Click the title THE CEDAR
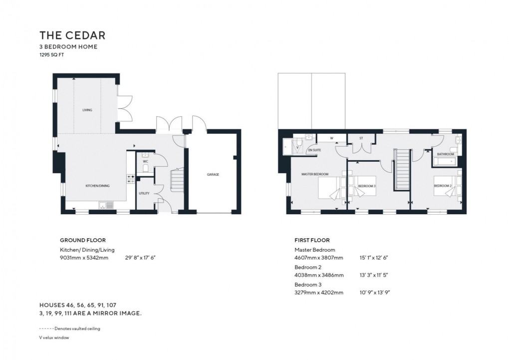tap(72, 35)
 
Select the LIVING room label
tap(87, 110)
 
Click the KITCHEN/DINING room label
tap(97, 186)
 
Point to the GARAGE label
tap(214, 175)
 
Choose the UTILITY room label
tap(144, 193)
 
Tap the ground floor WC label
tap(145, 162)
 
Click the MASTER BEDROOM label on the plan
tap(314, 174)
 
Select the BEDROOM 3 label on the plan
tap(367, 186)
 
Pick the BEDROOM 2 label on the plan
tap(442, 186)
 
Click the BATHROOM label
tap(445, 154)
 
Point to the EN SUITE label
tap(314, 150)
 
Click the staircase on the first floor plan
tap(402, 170)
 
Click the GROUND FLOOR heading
tap(82, 240)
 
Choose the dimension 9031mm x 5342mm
tap(84, 258)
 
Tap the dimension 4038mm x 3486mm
tap(319, 275)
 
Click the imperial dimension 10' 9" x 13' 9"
tap(373, 293)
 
